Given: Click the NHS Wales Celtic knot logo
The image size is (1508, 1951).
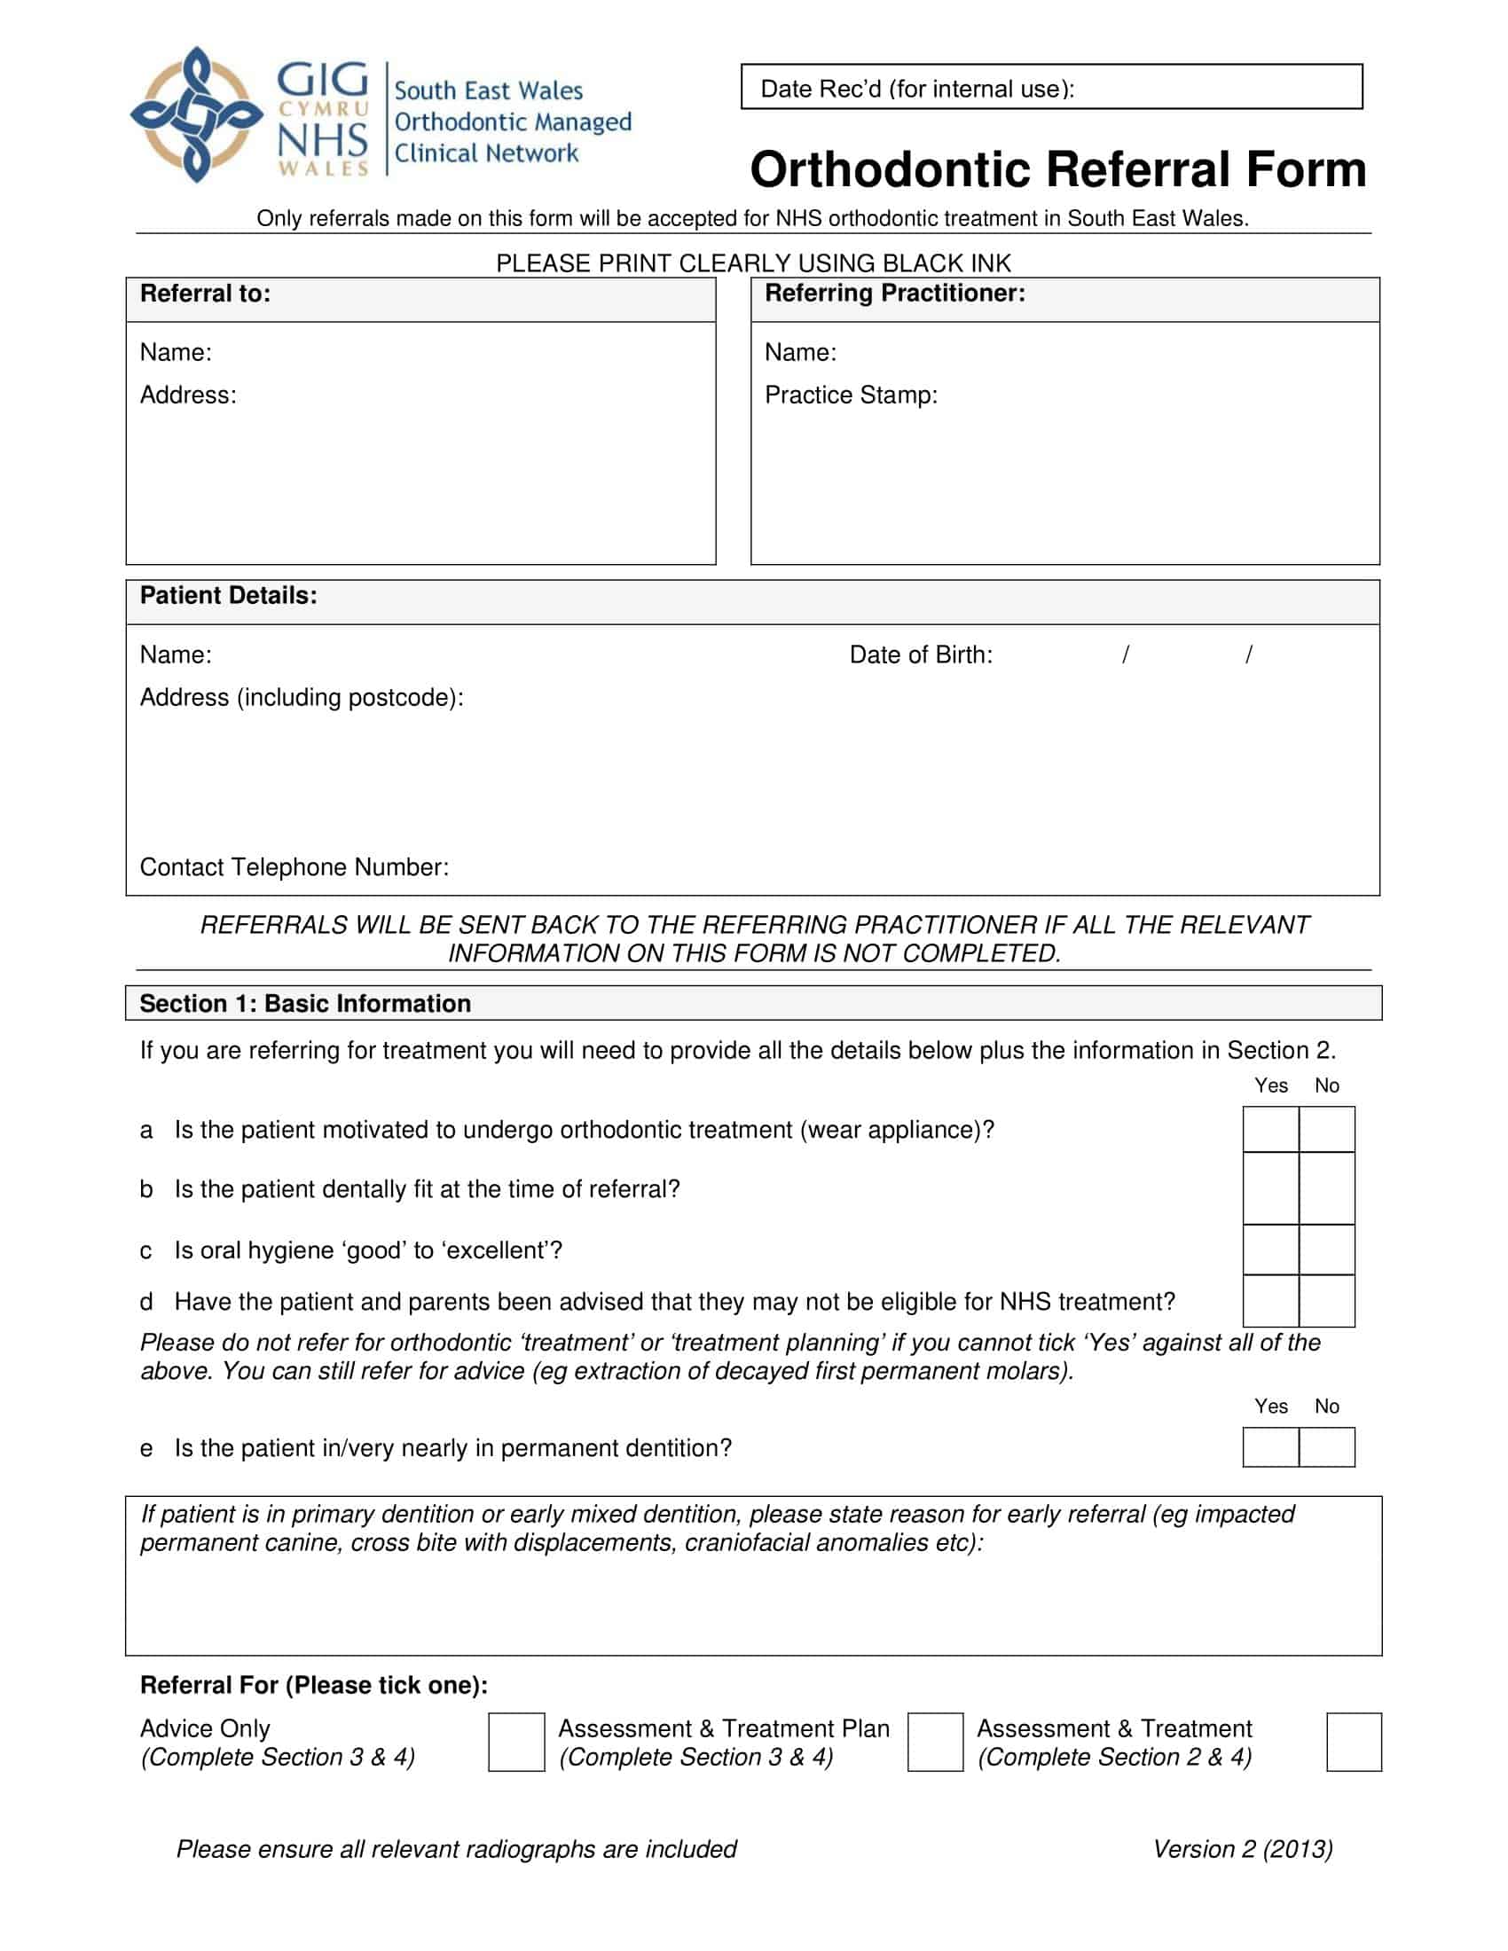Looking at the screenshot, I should (x=197, y=114).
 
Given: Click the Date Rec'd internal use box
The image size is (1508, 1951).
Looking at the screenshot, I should (x=1050, y=88).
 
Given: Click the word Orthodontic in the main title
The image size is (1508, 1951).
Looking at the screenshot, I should (x=889, y=169).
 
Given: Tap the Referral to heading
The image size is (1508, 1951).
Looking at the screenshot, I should (x=205, y=294).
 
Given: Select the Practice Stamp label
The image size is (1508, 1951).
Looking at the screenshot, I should (x=851, y=395).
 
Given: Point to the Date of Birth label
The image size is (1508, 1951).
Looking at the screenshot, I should (x=920, y=654).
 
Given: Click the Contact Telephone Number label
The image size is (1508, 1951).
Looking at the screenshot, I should (x=294, y=866).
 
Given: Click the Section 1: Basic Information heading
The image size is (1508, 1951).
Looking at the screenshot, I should (x=304, y=1003).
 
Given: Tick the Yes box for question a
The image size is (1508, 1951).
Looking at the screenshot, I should (x=1270, y=1129).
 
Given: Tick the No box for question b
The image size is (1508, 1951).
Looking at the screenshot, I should (x=1327, y=1188).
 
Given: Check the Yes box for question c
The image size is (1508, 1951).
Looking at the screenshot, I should (x=1270, y=1249).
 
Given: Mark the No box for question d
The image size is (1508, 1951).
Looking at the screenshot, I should (x=1327, y=1301).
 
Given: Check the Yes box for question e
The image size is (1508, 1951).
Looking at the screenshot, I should (x=1270, y=1447).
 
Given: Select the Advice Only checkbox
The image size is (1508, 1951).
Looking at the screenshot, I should (x=515, y=1742).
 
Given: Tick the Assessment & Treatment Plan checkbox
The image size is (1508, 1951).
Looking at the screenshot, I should (x=934, y=1742).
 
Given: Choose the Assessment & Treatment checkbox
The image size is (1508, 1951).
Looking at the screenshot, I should (x=1354, y=1742).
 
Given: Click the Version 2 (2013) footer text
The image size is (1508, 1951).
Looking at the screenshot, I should (x=1242, y=1849).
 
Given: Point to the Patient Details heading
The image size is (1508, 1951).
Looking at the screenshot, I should (x=228, y=596).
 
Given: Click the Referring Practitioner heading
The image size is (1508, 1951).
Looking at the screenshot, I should (x=894, y=293).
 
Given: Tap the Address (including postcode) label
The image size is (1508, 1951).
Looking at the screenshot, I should (x=301, y=697).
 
